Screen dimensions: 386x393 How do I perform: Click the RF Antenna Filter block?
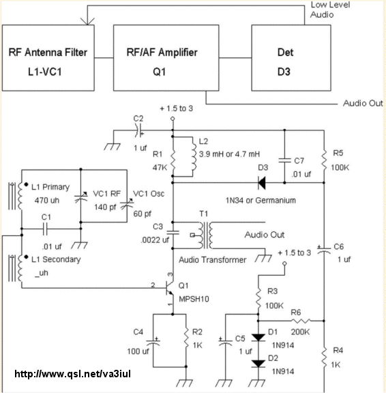(48, 58)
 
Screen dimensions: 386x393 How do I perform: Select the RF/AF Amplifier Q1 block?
(166, 58)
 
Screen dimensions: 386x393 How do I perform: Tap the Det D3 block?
(291, 58)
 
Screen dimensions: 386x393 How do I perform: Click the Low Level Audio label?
(330, 10)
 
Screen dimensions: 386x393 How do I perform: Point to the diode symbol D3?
(262, 183)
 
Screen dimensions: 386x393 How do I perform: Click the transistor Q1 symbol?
(169, 288)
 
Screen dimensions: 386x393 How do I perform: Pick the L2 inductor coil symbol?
(194, 157)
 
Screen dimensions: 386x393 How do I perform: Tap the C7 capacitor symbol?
(284, 160)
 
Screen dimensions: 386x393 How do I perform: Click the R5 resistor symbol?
(324, 160)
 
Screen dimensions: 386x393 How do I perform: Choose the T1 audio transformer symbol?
(205, 235)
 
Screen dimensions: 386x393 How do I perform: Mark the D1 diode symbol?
(258, 337)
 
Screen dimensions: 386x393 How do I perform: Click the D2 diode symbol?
(258, 364)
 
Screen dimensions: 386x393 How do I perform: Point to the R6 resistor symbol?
(301, 321)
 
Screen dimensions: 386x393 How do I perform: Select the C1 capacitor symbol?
(45, 229)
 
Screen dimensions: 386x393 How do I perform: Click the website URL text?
(73, 374)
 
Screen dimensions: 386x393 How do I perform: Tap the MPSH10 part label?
(194, 299)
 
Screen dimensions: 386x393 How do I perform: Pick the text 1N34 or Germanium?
(261, 201)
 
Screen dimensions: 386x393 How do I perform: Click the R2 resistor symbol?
(186, 338)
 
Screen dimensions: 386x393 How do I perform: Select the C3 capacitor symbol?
(173, 233)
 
